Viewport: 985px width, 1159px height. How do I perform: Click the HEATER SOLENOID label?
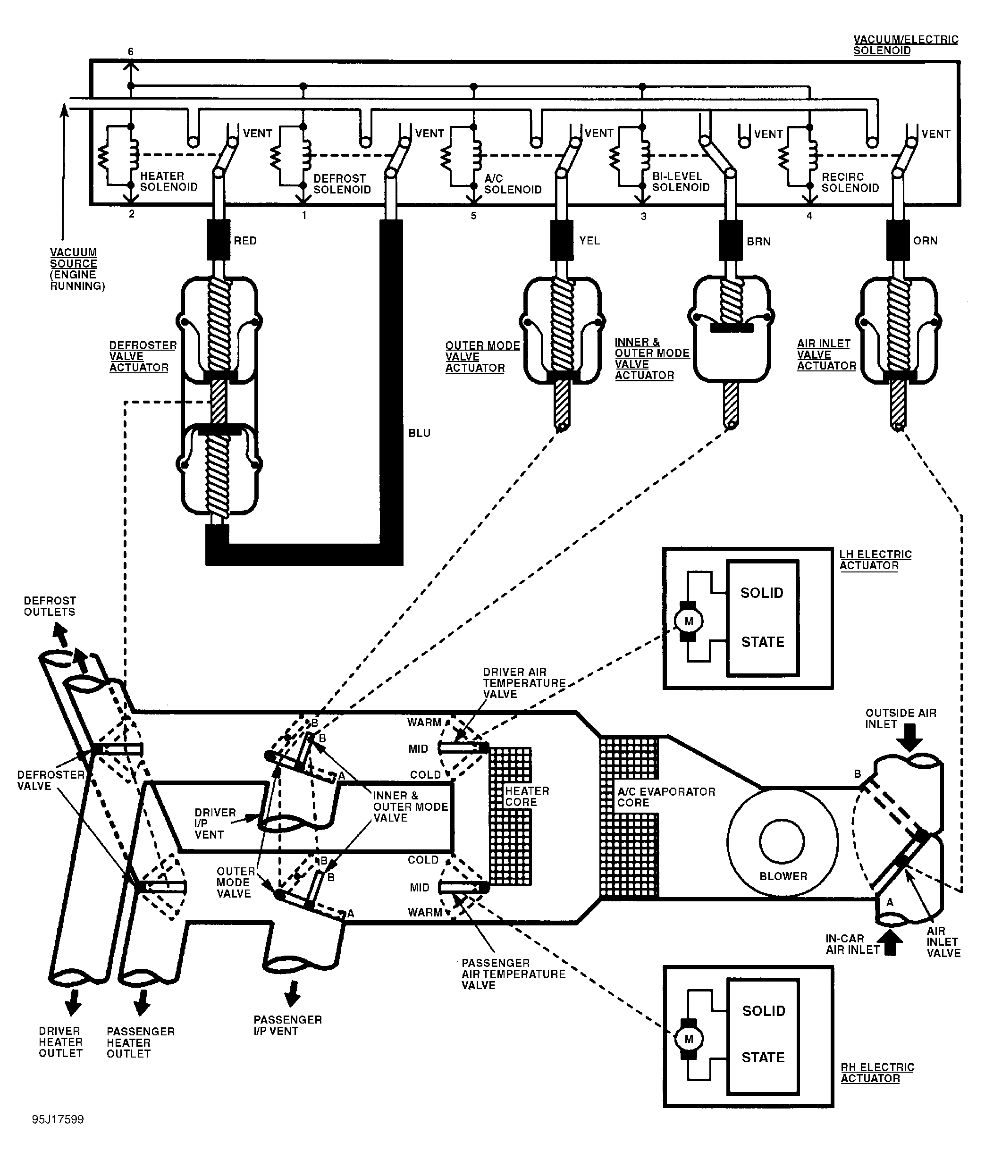pyautogui.click(x=168, y=181)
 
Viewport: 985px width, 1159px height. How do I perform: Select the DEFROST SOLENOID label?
pyautogui.click(x=342, y=184)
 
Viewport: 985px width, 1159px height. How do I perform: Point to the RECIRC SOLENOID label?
pyautogui.click(x=850, y=183)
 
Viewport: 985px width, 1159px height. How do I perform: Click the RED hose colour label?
pyautogui.click(x=245, y=241)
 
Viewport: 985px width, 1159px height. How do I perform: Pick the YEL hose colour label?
pyautogui.click(x=589, y=241)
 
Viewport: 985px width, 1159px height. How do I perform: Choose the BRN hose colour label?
pyautogui.click(x=758, y=241)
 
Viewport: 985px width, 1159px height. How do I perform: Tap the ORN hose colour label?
pyautogui.click(x=925, y=241)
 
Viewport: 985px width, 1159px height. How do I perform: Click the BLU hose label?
pyautogui.click(x=420, y=433)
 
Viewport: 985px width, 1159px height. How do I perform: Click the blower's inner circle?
pyautogui.click(x=782, y=841)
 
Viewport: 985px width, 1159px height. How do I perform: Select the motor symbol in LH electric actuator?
pyautogui.click(x=689, y=621)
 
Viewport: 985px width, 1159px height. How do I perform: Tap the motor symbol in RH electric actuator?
pyautogui.click(x=689, y=1039)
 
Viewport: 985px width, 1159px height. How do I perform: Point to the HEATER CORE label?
pyautogui.click(x=527, y=797)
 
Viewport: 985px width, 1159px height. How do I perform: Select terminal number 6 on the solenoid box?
pyautogui.click(x=131, y=52)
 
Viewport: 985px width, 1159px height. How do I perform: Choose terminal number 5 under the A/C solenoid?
pyautogui.click(x=473, y=216)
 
